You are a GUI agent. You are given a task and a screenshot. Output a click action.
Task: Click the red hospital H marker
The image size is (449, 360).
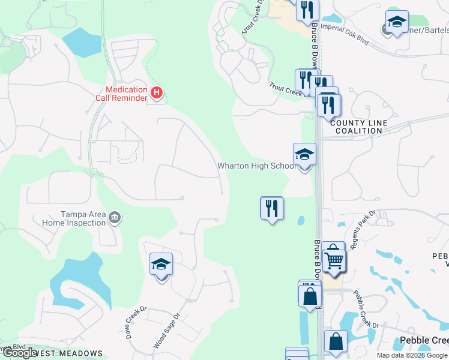point(157,92)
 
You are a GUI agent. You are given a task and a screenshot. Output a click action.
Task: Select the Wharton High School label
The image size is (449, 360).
point(256,166)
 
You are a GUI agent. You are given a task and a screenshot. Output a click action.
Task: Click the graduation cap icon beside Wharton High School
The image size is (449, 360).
point(304,155)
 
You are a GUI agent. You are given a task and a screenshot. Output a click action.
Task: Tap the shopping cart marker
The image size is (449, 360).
point(334,259)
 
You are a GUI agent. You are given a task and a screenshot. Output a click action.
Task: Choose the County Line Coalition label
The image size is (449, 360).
point(358,127)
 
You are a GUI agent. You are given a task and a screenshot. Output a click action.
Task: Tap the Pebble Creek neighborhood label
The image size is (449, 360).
point(423,341)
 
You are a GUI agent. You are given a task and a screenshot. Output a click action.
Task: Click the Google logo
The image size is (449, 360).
point(20,353)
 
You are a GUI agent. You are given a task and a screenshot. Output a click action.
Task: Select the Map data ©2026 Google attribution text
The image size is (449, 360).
point(411,355)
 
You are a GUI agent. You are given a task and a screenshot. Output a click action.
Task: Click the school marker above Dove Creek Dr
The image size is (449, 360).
point(161,265)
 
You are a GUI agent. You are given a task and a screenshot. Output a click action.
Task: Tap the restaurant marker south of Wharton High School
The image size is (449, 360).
point(272,208)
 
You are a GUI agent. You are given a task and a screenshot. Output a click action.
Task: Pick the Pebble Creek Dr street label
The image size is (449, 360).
point(366,308)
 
